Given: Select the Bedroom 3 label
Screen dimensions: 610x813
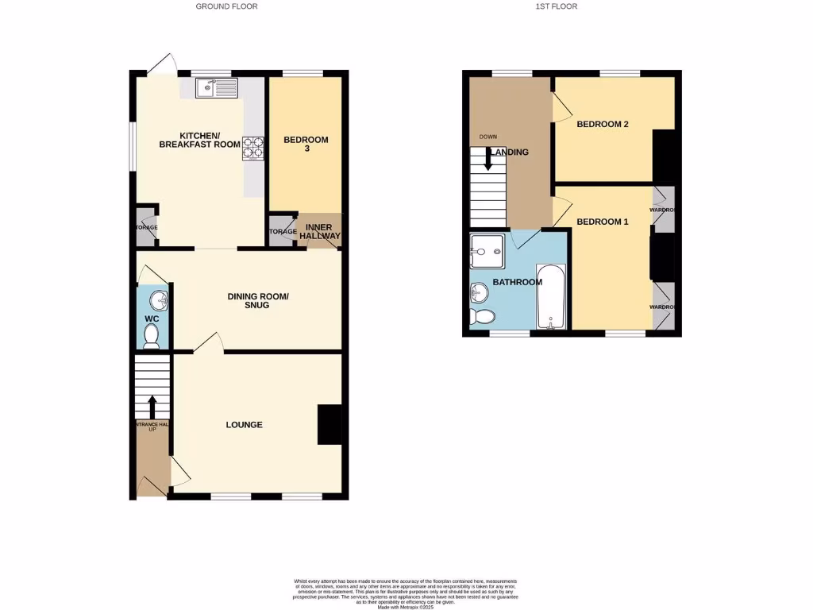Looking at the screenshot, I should tap(306, 145).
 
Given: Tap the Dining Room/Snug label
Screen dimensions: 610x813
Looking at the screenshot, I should tap(258, 300).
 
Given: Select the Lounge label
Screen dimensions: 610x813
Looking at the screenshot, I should tap(244, 425).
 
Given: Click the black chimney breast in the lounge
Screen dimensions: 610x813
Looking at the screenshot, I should tap(329, 425).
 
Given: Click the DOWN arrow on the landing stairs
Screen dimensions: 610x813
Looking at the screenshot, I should tap(487, 160).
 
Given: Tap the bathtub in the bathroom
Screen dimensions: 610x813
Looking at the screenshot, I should tap(551, 296).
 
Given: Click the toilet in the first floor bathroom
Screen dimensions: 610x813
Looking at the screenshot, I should tap(481, 317).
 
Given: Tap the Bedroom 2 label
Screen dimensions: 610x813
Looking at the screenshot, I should tap(603, 124).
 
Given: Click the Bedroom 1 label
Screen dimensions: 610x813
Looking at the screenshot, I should tap(603, 222).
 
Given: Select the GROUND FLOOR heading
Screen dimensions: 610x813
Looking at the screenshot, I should tap(227, 6).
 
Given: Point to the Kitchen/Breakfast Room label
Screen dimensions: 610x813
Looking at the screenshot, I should tap(199, 140).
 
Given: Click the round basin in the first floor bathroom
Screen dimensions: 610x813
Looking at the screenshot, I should tap(479, 293).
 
